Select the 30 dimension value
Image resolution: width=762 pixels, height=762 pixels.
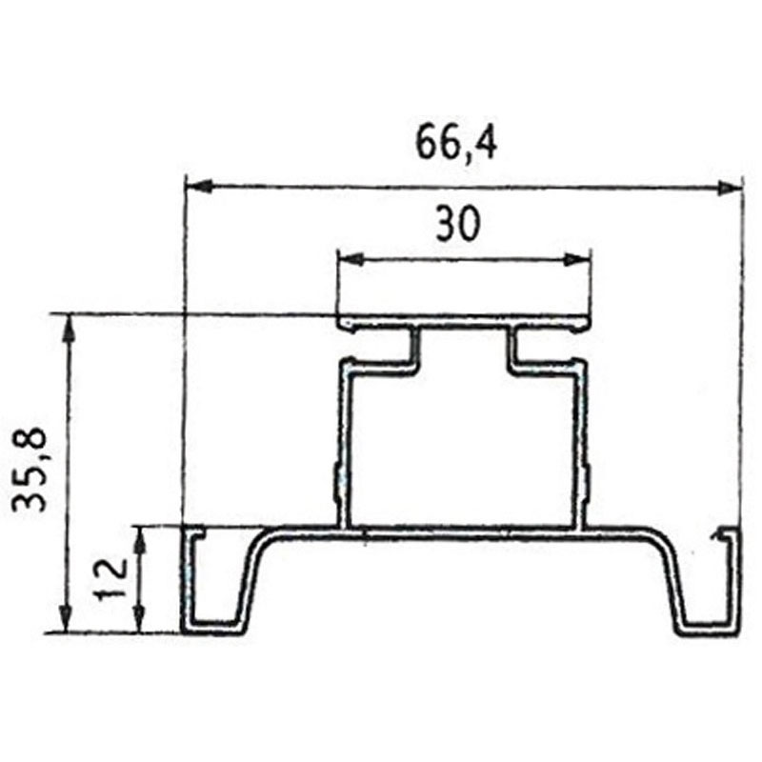[458, 223]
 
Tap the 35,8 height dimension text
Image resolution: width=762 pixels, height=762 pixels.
[30, 469]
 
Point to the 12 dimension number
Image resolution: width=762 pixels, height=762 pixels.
[110, 579]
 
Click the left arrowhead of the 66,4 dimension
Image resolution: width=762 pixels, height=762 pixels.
[199, 186]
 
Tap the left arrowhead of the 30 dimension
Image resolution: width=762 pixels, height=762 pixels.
[350, 259]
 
